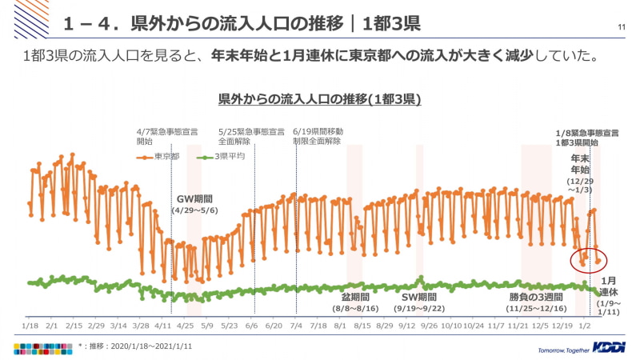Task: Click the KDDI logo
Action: [x=610, y=348]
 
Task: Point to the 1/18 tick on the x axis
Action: [x=30, y=326]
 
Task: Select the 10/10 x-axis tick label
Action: [x=451, y=326]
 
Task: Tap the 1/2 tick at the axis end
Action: [x=585, y=326]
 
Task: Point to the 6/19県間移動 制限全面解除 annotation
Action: [x=318, y=135]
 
